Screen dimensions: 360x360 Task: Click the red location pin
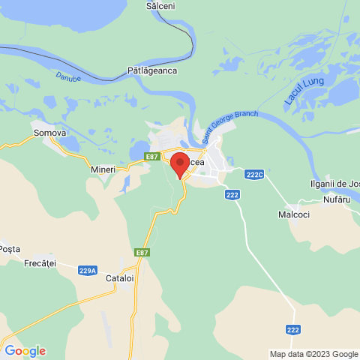[180, 164]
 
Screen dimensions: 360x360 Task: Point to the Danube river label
[67, 76]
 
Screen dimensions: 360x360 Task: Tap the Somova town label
[50, 133]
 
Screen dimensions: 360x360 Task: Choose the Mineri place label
[103, 169]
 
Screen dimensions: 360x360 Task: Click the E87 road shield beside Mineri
[152, 156]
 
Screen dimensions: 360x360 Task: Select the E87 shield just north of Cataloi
[142, 253]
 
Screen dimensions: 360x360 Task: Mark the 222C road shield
[255, 175]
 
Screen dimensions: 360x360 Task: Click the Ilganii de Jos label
[334, 184]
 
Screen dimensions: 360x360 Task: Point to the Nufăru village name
[337, 199]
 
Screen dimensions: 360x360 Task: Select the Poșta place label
[10, 248]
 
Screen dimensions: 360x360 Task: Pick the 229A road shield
[88, 270]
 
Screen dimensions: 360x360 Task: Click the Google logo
[25, 351]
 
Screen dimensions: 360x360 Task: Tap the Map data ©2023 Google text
[314, 354]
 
